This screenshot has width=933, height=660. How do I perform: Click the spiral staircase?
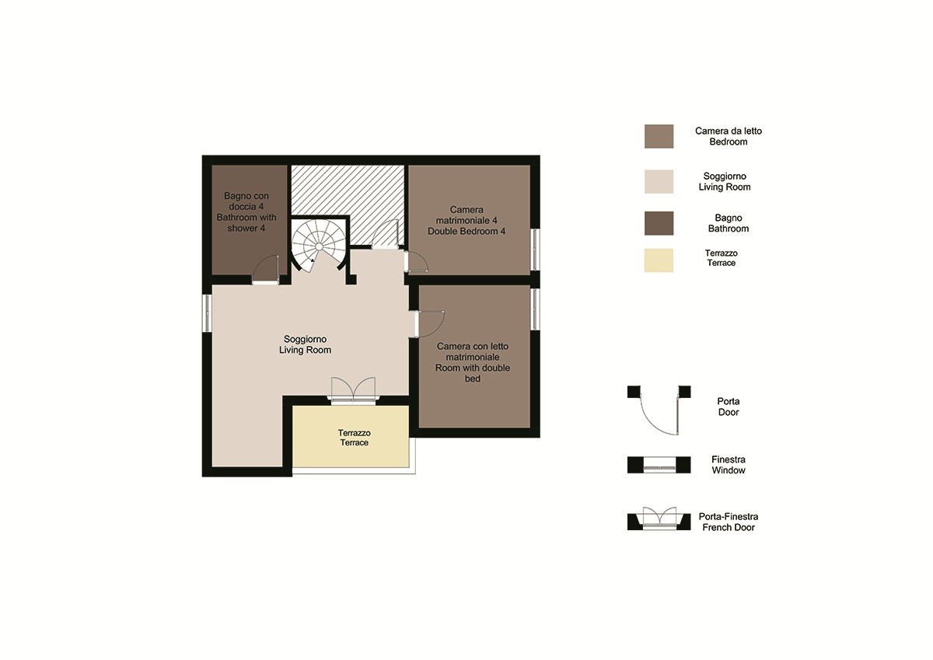pos(319,246)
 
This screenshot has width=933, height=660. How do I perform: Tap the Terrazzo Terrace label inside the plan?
pos(354,438)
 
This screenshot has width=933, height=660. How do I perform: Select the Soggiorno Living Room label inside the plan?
pos(306,344)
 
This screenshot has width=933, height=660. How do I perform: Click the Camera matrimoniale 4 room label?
pos(466,220)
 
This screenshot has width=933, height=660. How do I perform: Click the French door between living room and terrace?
pos(353,390)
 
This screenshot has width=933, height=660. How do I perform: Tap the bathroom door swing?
pos(265,270)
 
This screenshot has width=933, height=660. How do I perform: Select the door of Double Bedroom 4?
pos(417,261)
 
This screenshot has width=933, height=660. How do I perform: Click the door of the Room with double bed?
pos(431,324)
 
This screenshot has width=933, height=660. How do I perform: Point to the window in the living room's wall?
pos(208,313)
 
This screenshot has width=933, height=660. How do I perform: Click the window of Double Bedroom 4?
pos(535,250)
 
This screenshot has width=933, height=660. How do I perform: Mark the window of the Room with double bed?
pos(535,309)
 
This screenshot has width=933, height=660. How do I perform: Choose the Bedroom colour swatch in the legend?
pos(659,136)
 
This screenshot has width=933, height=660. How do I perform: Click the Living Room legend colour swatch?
pos(659,182)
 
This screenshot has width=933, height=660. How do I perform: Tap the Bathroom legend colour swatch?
pos(659,223)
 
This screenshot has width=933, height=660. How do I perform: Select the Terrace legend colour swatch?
pos(659,260)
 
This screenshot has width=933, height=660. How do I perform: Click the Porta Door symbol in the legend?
pos(659,410)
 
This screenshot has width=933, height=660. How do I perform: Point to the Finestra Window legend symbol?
pos(659,465)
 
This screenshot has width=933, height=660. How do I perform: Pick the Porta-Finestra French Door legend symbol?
pos(659,519)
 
